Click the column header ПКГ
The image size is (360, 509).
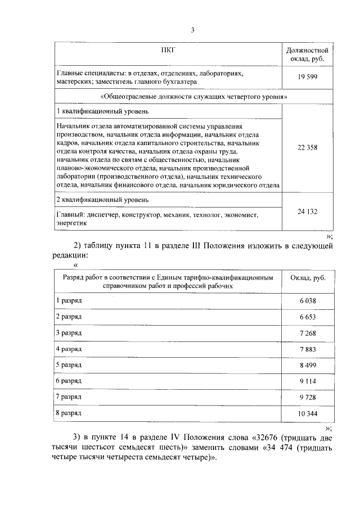168,50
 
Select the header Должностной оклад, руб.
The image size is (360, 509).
308,54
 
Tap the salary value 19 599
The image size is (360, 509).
308,77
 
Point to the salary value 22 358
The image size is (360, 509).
308,147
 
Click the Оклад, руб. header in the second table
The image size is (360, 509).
308,277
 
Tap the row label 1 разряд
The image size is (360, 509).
69,301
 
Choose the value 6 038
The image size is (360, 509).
308,301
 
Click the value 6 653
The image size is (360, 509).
308,317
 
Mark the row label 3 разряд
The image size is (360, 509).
69,333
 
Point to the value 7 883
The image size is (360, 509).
308,349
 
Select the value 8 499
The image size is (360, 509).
308,365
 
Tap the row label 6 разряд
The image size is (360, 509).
69,381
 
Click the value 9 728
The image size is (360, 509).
308,397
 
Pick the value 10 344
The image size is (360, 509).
308,413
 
